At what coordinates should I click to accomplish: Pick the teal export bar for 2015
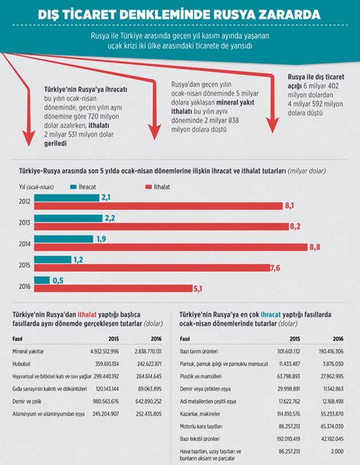click(52, 259)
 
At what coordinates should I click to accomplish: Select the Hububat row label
click(22, 363)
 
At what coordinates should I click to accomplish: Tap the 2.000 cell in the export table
click(336, 452)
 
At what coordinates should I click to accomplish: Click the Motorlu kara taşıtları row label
click(202, 426)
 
